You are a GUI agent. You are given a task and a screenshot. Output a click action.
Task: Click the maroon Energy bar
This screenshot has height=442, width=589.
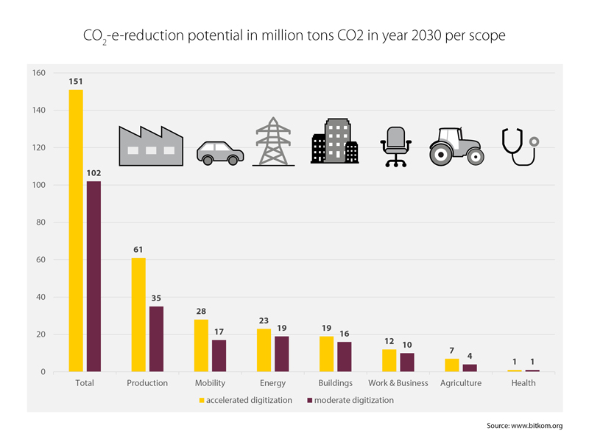281,354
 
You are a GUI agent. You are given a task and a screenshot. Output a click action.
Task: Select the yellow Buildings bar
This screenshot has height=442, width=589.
327,354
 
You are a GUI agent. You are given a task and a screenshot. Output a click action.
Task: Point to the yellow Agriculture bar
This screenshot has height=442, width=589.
452,365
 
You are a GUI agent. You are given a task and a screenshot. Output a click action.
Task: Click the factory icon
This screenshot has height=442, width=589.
151,144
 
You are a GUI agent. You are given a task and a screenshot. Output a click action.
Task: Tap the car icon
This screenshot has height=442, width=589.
219,153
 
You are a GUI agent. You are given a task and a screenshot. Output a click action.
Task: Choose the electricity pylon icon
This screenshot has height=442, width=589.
273,141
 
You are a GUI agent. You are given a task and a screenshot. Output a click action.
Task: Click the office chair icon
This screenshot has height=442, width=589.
395,146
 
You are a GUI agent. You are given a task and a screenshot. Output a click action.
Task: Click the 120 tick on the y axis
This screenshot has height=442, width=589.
38,147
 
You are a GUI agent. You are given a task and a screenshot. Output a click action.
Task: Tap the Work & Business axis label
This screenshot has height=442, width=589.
398,383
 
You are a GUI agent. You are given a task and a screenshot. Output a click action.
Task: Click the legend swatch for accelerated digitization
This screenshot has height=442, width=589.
201,401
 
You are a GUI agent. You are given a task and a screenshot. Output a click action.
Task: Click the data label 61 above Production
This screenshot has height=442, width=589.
138,250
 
